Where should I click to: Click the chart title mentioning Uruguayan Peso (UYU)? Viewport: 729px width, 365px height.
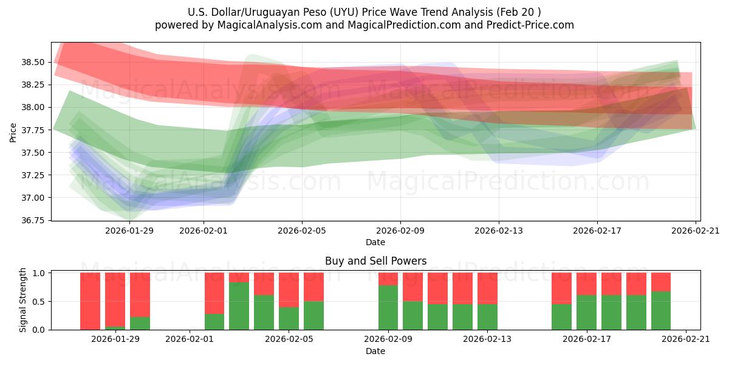pyautogui.click(x=364, y=12)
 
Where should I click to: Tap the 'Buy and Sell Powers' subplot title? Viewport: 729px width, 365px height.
pyautogui.click(x=375, y=261)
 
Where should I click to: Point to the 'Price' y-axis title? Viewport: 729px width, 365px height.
pyautogui.click(x=13, y=131)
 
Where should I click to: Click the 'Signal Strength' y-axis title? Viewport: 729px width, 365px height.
pyautogui.click(x=23, y=300)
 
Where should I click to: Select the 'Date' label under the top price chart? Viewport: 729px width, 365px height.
pyautogui.click(x=375, y=243)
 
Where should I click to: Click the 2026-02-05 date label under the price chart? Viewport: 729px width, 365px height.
pyautogui.click(x=302, y=231)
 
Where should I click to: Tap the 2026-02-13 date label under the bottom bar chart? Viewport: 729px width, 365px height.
pyautogui.click(x=487, y=339)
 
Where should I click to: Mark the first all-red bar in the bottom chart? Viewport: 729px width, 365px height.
pyautogui.click(x=90, y=301)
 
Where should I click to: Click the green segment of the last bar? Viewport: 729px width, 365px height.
pyautogui.click(x=661, y=310)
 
